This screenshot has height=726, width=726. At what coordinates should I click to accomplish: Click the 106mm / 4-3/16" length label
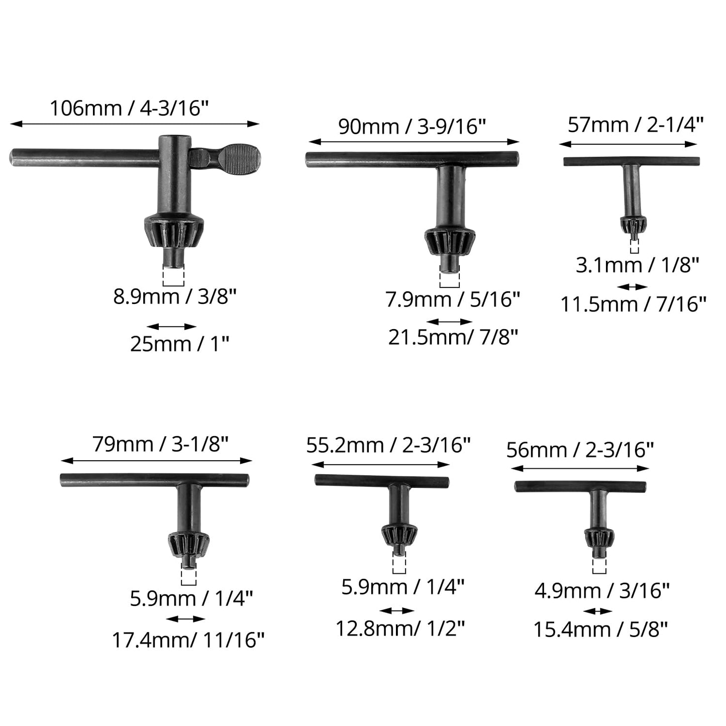[129, 108]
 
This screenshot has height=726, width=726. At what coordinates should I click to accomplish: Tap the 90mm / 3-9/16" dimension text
[412, 126]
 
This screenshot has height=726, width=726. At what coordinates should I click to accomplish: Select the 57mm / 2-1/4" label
[635, 125]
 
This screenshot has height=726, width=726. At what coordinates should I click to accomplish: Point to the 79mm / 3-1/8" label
[160, 444]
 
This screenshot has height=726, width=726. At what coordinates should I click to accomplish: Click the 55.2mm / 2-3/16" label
[388, 445]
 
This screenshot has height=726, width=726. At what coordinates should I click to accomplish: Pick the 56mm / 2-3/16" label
[580, 450]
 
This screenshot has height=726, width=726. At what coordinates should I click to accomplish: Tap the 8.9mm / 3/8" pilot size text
[174, 296]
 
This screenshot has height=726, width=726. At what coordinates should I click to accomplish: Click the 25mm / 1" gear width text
[179, 344]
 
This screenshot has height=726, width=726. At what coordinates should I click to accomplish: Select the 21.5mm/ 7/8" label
[453, 337]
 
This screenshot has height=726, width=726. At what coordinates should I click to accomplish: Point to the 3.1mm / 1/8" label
[637, 265]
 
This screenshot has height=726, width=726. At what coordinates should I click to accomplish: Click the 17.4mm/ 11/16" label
[188, 640]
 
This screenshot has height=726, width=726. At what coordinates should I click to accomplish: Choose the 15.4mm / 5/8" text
[600, 629]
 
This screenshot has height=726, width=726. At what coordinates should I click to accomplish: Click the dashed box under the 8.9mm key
[173, 275]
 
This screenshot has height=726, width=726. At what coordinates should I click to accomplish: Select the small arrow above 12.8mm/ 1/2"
[397, 611]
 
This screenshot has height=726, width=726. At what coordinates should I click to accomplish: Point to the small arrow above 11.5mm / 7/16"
[633, 287]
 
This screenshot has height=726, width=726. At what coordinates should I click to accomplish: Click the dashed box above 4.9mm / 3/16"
[599, 566]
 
